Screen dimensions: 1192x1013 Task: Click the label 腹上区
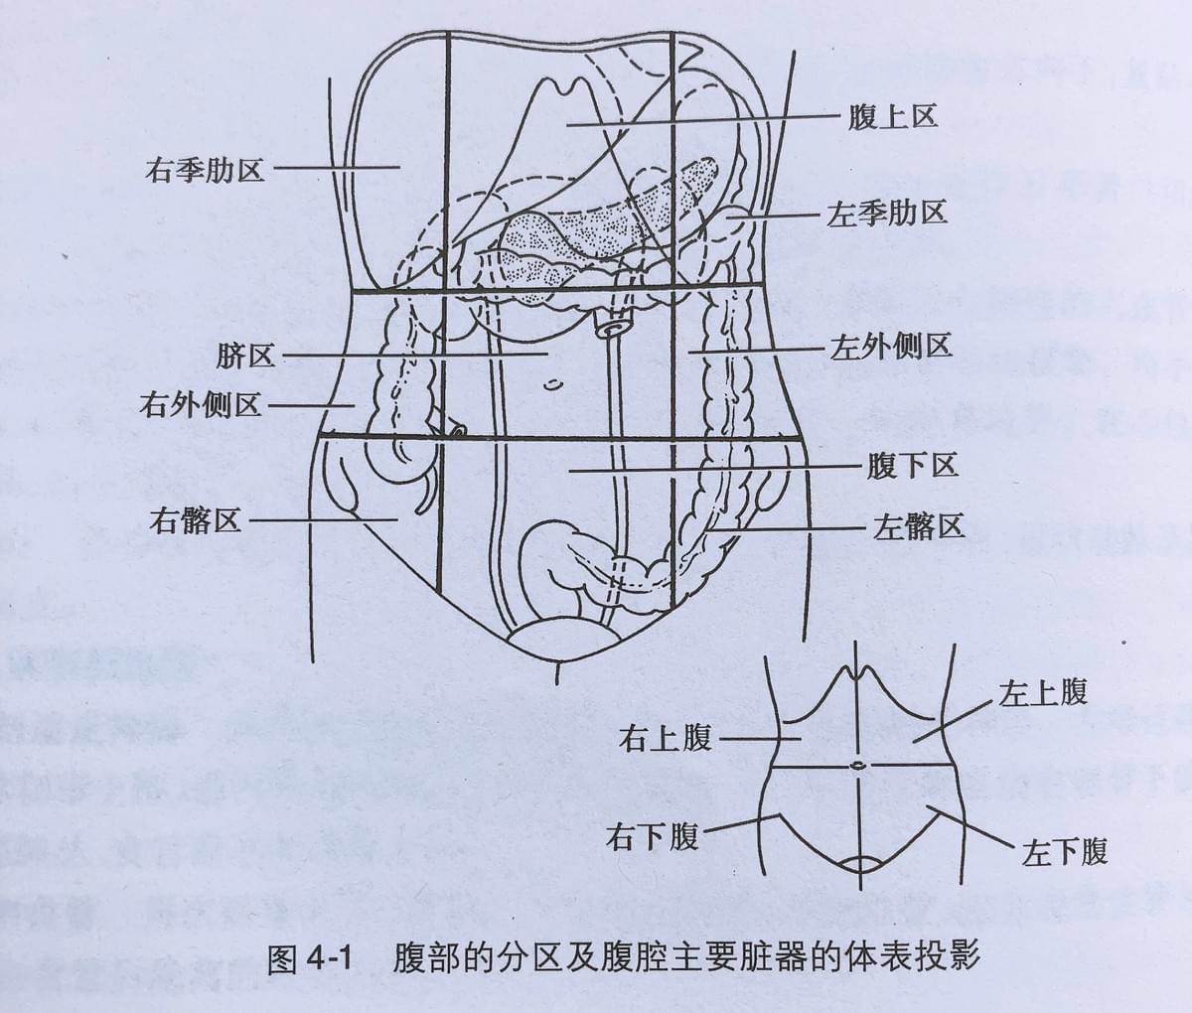pos(892,117)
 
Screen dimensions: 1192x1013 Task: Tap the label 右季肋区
pos(205,170)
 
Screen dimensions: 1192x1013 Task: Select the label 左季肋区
pos(886,214)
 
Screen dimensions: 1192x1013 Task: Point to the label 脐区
pos(245,356)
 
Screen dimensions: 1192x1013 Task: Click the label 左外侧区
pos(890,348)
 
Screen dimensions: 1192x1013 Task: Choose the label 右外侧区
pos(200,405)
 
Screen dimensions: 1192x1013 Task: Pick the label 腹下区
pos(912,465)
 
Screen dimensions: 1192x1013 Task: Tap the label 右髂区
pos(195,521)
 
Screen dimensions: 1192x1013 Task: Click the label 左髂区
pos(919,525)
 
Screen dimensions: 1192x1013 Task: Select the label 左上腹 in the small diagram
pos(1043,692)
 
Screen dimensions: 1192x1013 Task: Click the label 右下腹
pos(652,836)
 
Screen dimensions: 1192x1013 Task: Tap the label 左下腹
pos(1065,851)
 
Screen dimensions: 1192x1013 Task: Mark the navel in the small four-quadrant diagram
pos(857,766)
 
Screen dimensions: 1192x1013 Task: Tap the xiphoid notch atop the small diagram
pos(857,672)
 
